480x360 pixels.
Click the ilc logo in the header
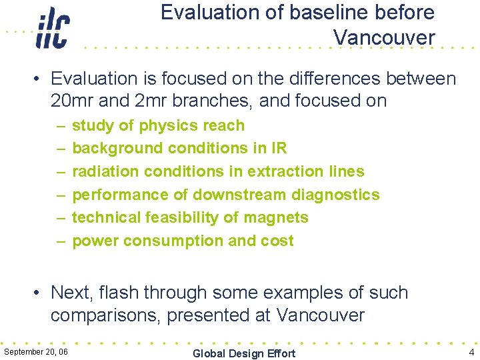point(53,29)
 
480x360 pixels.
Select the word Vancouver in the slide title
point(384,38)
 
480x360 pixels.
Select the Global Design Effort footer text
point(243,353)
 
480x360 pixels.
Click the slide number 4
point(471,352)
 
